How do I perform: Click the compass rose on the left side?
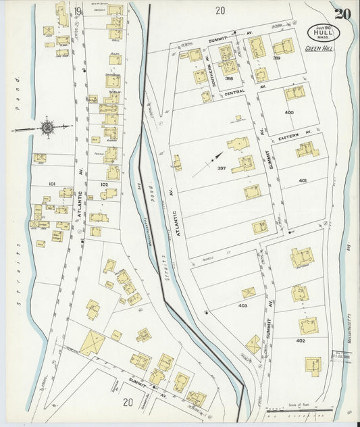click(x=48, y=126)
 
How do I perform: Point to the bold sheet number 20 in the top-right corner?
click(x=342, y=13)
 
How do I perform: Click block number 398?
click(x=229, y=78)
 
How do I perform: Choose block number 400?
click(x=289, y=112)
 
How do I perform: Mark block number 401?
click(x=302, y=180)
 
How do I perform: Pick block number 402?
click(x=299, y=341)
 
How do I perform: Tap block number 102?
click(x=103, y=184)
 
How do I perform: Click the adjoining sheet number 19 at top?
click(x=78, y=11)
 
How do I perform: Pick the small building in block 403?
click(x=249, y=293)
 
